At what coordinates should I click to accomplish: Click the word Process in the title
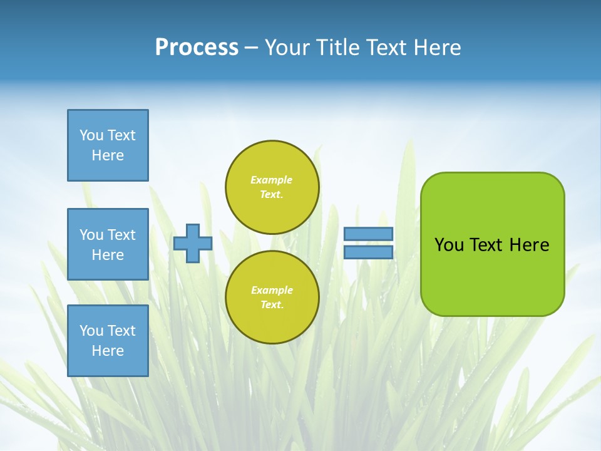[x=197, y=48]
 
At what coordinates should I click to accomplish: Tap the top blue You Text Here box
[x=108, y=145]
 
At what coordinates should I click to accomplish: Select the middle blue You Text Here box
[x=108, y=244]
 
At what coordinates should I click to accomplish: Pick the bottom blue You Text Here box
[x=108, y=341]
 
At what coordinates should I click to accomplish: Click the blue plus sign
[x=193, y=243]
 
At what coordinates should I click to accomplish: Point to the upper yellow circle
[x=272, y=187]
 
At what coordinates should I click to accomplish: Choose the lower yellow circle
[x=272, y=298]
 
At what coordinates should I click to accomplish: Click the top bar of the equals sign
[x=369, y=234]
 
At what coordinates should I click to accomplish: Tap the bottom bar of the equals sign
[x=369, y=252]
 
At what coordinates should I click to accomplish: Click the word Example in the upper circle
[x=272, y=180]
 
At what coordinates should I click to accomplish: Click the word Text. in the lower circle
[x=272, y=305]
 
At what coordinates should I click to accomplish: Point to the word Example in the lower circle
[x=272, y=290]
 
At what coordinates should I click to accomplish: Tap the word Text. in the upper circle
[x=272, y=195]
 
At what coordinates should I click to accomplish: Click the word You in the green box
[x=449, y=245]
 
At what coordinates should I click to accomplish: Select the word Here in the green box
[x=529, y=245]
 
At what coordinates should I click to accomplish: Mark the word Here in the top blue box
[x=108, y=155]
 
